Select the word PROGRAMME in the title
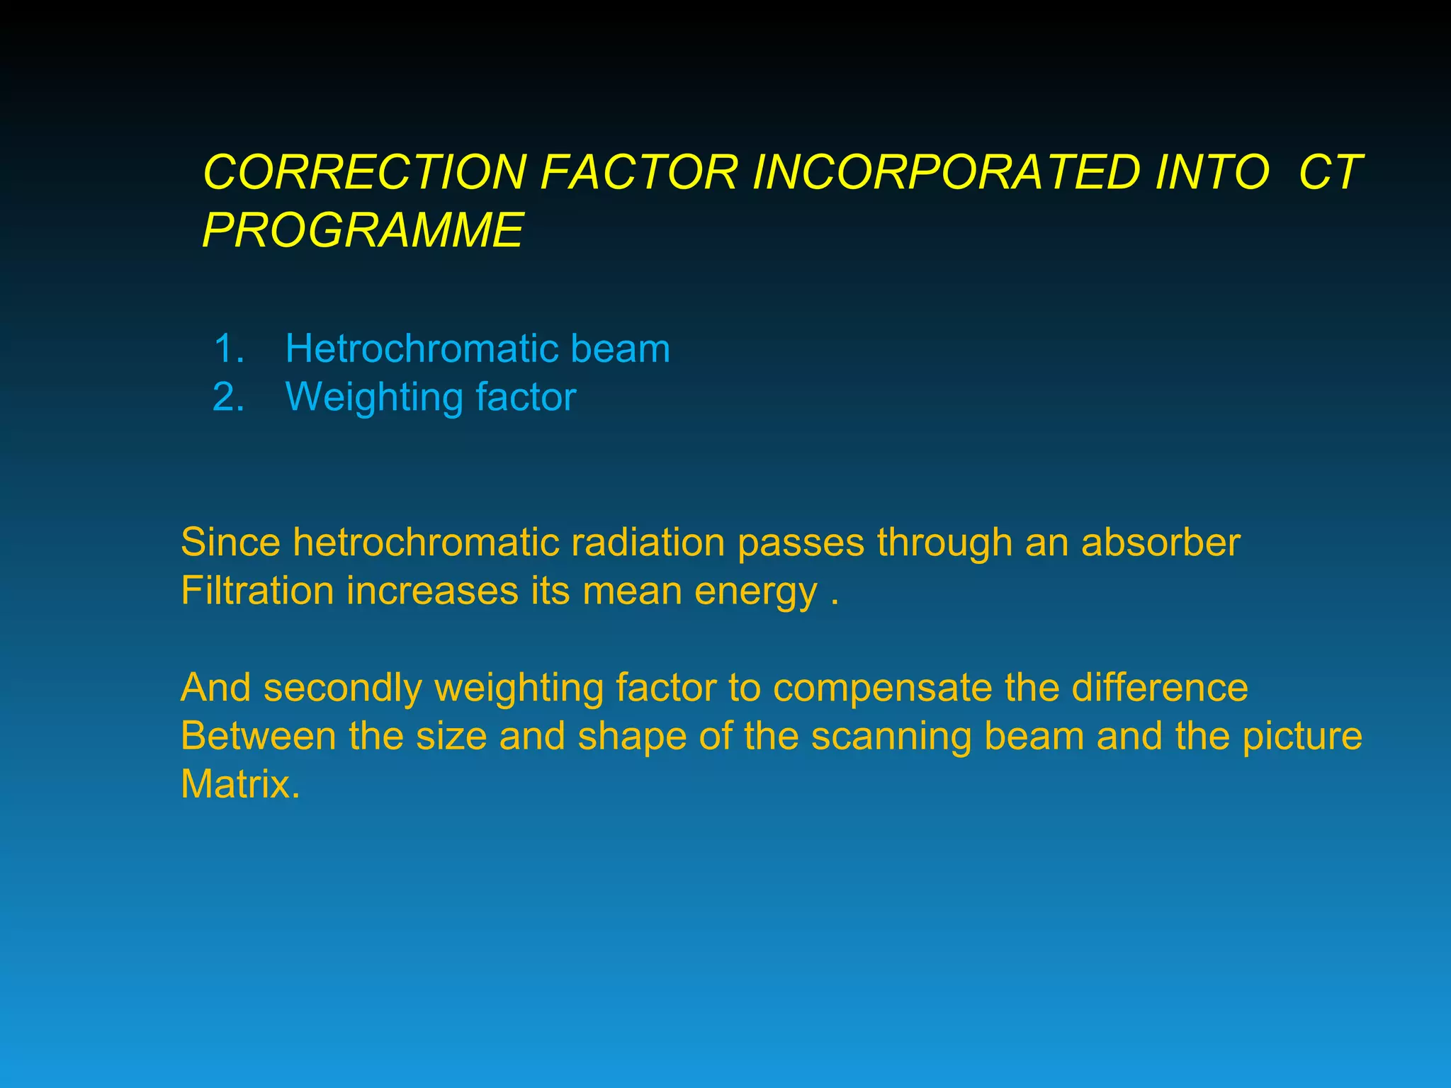pyautogui.click(x=363, y=230)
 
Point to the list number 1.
pyautogui.click(x=228, y=349)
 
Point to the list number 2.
pyautogui.click(x=228, y=397)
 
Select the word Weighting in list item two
pyautogui.click(x=373, y=397)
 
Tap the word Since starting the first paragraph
pyautogui.click(x=231, y=543)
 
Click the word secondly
pyautogui.click(x=342, y=688)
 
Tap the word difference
pyautogui.click(x=1159, y=688)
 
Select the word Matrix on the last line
pyautogui.click(x=239, y=785)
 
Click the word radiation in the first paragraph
pyautogui.click(x=648, y=543)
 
